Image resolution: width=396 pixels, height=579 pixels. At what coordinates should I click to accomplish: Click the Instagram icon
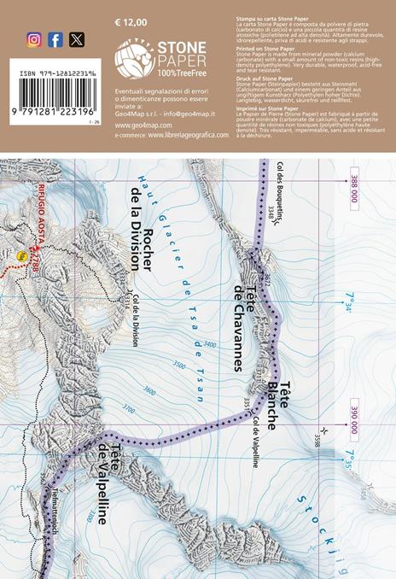34,39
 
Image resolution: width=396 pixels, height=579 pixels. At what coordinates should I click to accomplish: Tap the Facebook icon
55,39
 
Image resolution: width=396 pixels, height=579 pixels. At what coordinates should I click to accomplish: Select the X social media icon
77,39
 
